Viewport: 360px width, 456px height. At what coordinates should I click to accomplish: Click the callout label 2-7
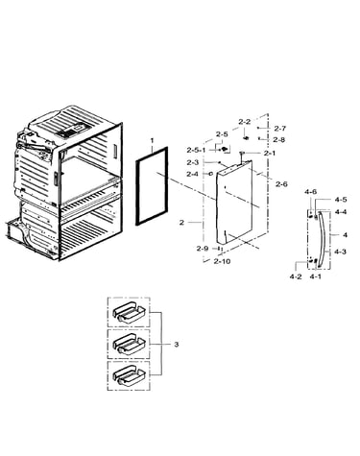(279, 129)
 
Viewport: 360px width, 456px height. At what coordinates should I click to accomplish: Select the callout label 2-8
(279, 139)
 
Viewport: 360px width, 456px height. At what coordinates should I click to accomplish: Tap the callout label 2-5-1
(197, 150)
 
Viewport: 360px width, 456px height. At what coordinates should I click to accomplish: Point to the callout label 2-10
(222, 261)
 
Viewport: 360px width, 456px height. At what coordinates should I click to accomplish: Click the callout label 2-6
(281, 184)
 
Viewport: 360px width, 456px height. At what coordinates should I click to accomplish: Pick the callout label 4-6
(310, 192)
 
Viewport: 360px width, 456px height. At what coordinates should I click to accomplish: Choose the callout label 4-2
(296, 276)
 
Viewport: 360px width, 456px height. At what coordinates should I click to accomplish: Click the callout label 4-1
(315, 276)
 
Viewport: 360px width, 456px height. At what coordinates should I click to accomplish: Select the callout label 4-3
(340, 252)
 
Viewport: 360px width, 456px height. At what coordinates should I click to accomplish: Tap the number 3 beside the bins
(177, 345)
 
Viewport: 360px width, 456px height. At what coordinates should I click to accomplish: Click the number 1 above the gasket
(152, 140)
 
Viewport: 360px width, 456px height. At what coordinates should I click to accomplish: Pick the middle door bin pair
(129, 344)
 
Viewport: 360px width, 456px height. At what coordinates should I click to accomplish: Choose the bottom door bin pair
(129, 375)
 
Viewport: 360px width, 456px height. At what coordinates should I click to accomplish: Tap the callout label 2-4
(193, 174)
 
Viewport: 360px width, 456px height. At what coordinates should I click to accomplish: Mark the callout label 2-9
(203, 249)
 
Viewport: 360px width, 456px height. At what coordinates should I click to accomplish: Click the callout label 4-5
(341, 200)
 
